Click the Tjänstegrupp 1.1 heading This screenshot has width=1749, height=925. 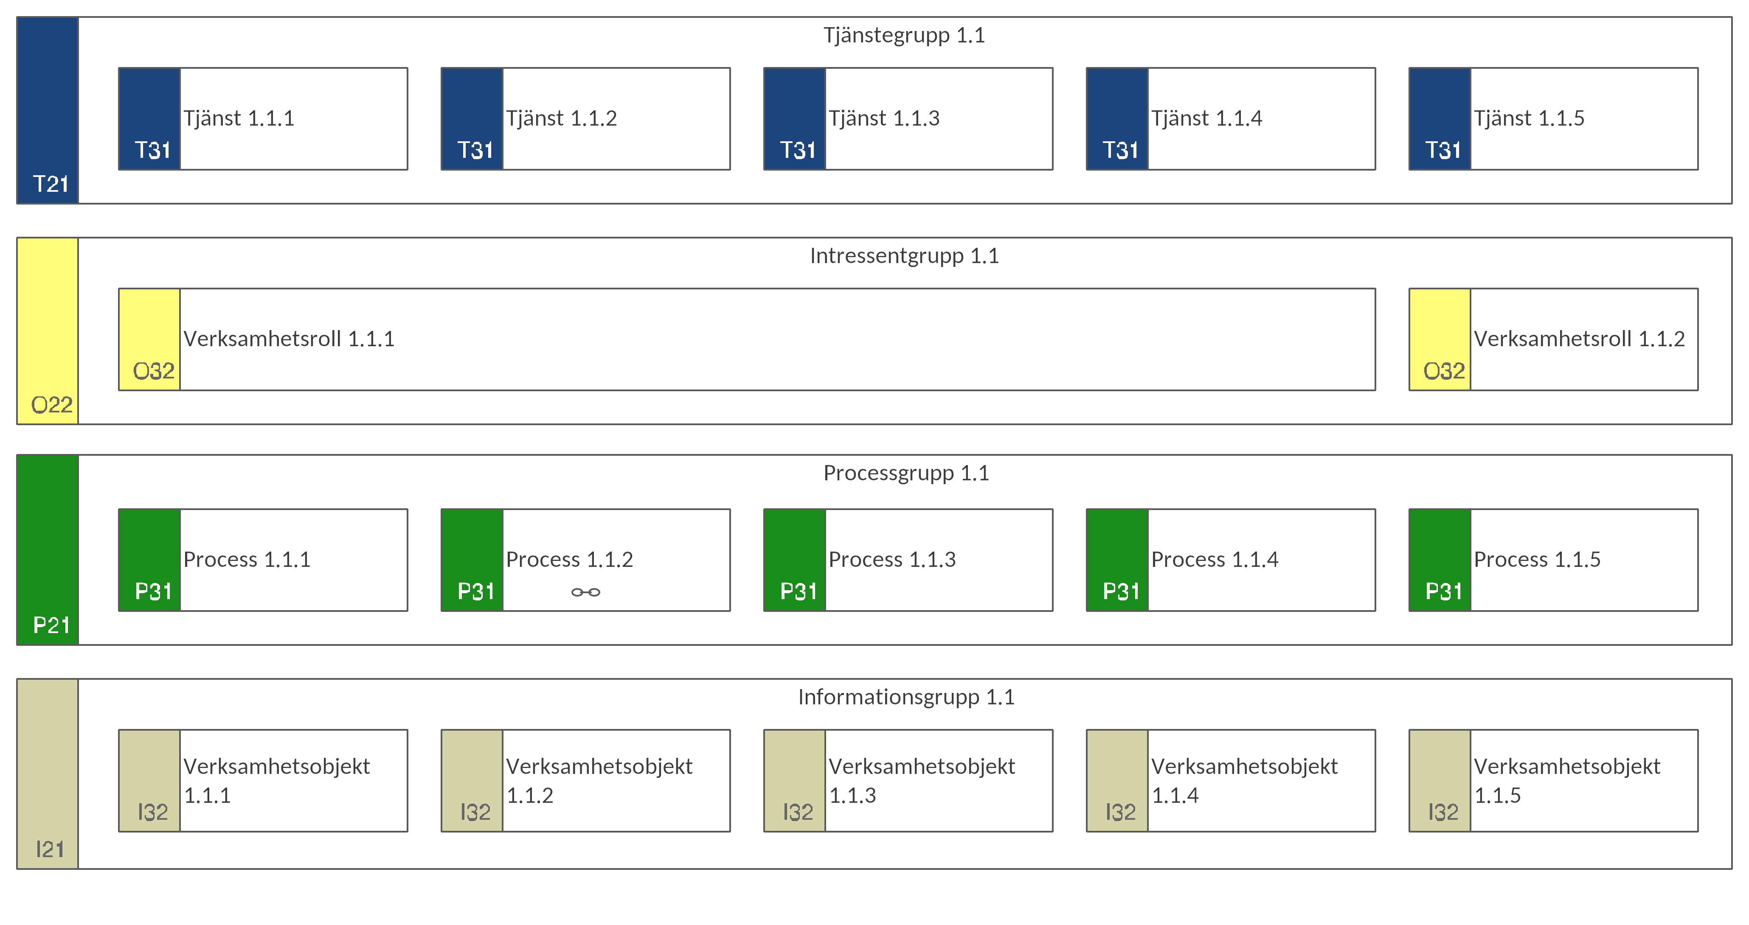tap(904, 35)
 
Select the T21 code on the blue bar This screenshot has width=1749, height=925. tap(51, 184)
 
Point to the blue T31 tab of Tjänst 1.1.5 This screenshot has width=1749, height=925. tap(1440, 119)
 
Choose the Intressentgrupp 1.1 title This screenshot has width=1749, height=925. tap(904, 256)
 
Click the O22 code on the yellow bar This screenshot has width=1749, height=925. tap(52, 405)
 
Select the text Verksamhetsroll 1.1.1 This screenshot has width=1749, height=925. tap(289, 339)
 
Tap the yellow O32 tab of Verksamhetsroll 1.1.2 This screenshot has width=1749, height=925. tap(1440, 339)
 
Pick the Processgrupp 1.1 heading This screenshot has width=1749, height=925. tap(906, 473)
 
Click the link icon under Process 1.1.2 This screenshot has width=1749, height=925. tap(585, 592)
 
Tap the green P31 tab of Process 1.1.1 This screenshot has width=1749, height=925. tap(149, 560)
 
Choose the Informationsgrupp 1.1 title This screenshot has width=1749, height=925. tap(906, 697)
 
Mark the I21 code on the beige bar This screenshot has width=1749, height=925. tap(50, 849)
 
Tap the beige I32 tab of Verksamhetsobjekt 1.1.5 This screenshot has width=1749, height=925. tap(1440, 780)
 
